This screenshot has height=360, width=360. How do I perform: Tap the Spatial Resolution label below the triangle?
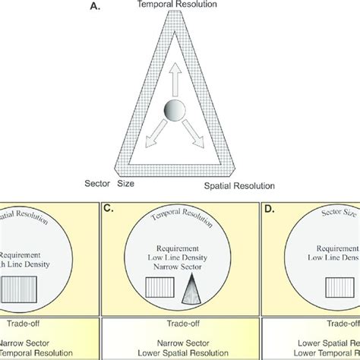[x=239, y=185]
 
